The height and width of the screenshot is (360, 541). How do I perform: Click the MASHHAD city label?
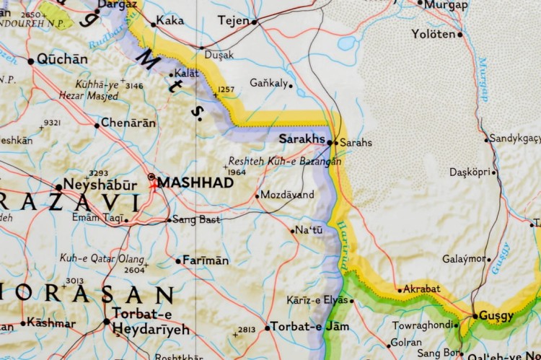[x=195, y=183]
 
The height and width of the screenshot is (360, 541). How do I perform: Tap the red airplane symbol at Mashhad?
[x=153, y=184]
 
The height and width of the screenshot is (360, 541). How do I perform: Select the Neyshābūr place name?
[x=100, y=185]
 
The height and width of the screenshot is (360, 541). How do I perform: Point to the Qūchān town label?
[x=62, y=59]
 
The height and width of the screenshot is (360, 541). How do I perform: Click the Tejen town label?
[x=232, y=20]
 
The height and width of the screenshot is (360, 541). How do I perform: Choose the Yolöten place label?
[x=434, y=34]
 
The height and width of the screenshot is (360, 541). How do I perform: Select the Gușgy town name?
[x=497, y=316]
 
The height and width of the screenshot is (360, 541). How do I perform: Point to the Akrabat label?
[x=422, y=289]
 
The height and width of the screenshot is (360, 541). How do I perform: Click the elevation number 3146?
[x=134, y=86]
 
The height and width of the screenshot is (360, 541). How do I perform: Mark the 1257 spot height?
[x=226, y=89]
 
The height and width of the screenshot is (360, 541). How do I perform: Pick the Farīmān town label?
[x=206, y=260]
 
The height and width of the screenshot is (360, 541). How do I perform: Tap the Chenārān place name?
[x=128, y=123]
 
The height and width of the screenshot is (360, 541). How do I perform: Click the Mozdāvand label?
[x=287, y=195]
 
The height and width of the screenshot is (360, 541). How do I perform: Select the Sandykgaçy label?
[x=515, y=138]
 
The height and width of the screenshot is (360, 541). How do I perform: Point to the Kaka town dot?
[x=153, y=25]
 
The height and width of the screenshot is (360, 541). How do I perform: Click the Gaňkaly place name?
[x=268, y=83]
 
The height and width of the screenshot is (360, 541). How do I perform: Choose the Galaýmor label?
[x=464, y=259]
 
